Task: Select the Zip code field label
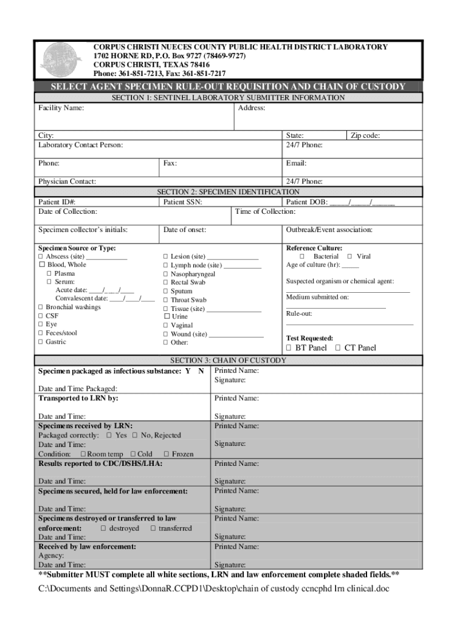point(365,136)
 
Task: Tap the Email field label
point(296,163)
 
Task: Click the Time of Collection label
point(266,211)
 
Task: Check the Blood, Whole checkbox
point(42,265)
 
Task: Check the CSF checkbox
point(41,316)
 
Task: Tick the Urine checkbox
point(166,316)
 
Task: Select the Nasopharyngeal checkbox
point(165,274)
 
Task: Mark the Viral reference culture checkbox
point(349,257)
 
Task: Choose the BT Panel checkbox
point(289,348)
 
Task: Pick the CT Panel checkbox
point(338,348)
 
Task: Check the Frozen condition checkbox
point(166,454)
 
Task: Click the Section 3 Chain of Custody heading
point(228,361)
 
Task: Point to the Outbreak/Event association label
point(329,230)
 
